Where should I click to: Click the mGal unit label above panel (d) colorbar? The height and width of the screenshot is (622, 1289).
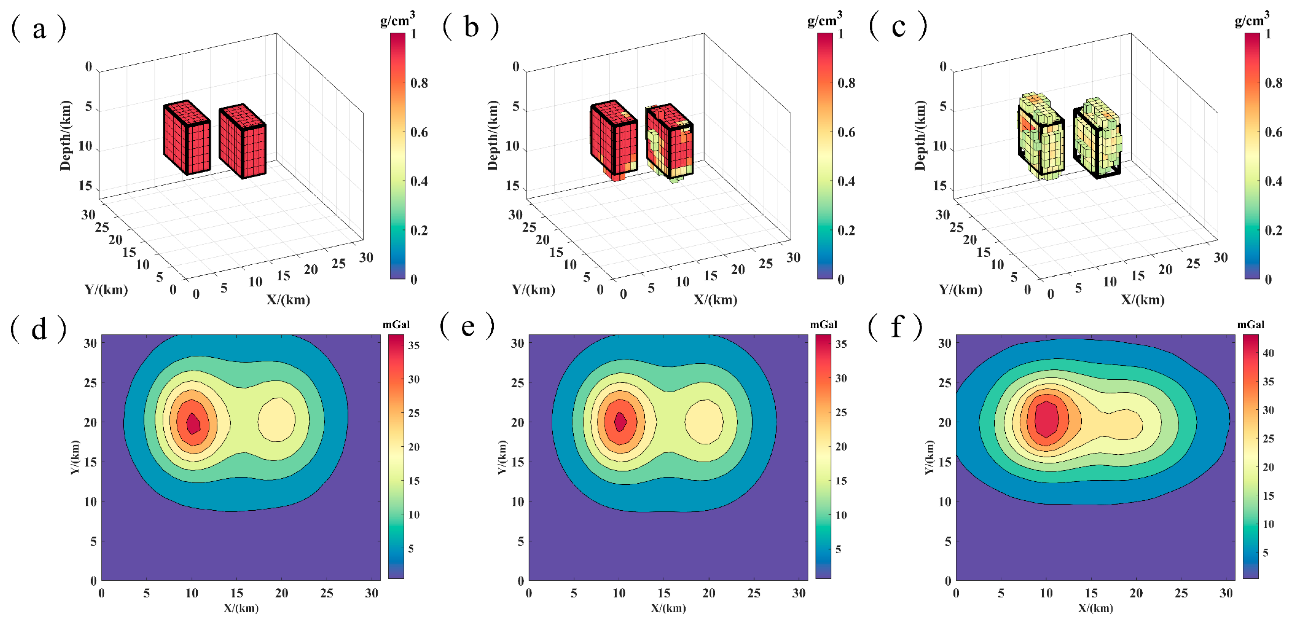[396, 325]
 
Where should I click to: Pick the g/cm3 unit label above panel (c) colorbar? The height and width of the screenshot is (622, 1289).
[1251, 20]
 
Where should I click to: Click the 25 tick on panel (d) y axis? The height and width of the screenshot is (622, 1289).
[90, 383]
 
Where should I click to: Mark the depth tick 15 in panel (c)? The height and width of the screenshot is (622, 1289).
[940, 186]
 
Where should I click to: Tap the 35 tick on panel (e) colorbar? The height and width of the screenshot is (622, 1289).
[841, 344]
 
